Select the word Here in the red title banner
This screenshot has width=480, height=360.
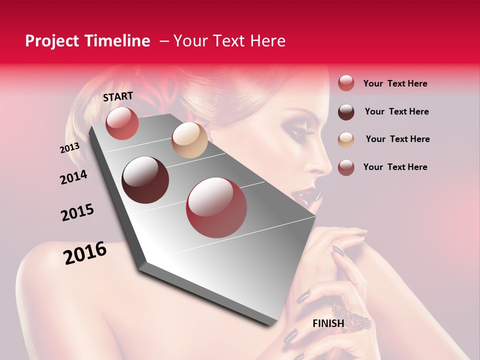(268, 41)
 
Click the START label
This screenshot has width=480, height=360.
(118, 96)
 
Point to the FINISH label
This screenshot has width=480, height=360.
(328, 323)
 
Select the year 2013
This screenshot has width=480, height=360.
(70, 148)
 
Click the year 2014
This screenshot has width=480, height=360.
(74, 177)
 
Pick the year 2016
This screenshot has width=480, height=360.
(85, 253)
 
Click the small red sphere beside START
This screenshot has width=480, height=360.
(122, 123)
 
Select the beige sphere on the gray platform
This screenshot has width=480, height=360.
(189, 140)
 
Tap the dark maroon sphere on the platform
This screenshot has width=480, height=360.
(145, 180)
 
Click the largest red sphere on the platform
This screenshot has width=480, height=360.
(216, 207)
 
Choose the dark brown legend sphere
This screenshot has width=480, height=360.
(346, 112)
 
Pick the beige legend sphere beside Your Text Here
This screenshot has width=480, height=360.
(346, 140)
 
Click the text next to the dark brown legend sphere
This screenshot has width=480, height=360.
(397, 111)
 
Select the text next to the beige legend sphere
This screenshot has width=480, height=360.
(398, 139)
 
